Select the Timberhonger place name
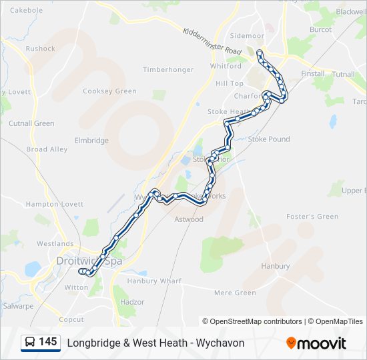(x=168, y=69)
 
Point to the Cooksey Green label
(x=109, y=91)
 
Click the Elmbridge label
(x=91, y=141)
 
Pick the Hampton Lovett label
(x=54, y=204)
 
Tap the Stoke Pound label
(x=269, y=139)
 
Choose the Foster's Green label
(x=312, y=217)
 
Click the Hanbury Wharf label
(x=154, y=281)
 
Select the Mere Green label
(x=235, y=293)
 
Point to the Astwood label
(x=189, y=219)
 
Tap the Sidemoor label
(x=247, y=36)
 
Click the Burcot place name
(x=321, y=30)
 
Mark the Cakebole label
(x=27, y=11)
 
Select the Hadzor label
(x=132, y=302)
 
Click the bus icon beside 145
(x=30, y=343)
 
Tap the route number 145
(x=48, y=342)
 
